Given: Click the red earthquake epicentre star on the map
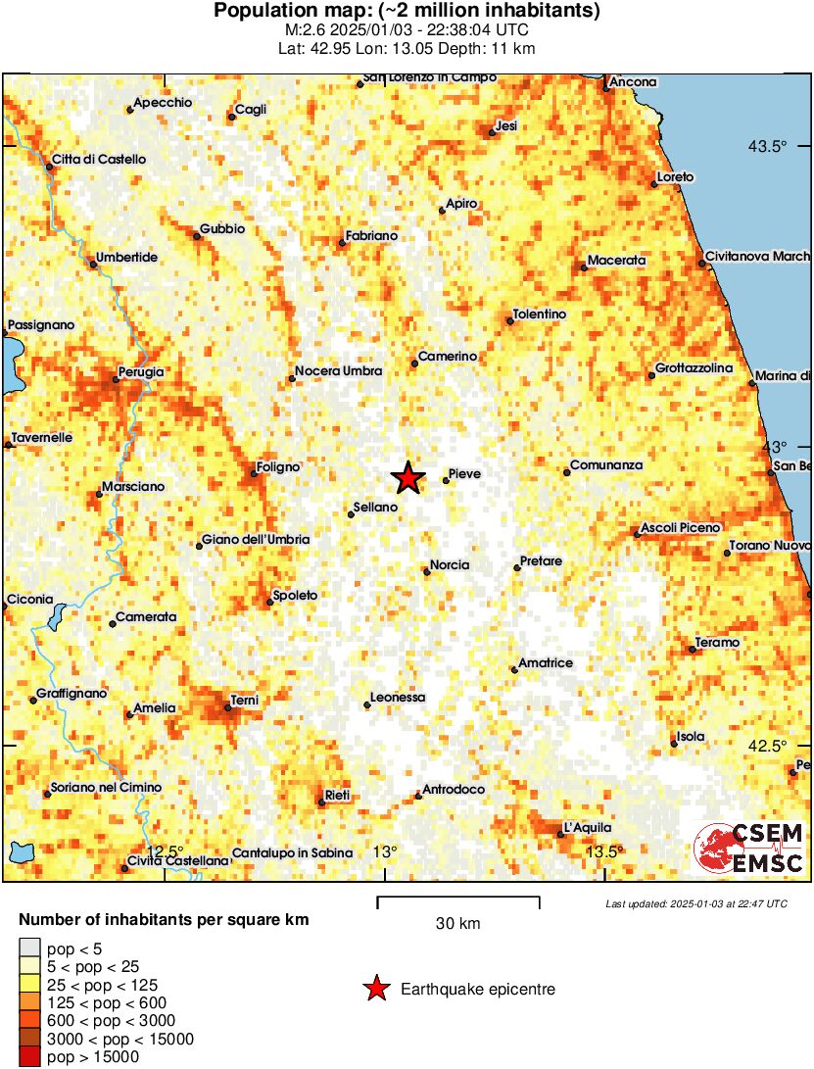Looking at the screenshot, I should pos(407,478).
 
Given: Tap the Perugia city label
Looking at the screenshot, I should pos(140,372).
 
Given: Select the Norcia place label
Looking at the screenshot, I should pos(451,564).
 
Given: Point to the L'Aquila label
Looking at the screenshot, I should pos(590,826).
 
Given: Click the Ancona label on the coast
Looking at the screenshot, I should pos(633,82).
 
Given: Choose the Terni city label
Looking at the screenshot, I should pos(243,701).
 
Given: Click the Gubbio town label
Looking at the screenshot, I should pos(222,229).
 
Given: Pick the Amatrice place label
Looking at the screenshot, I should pos(546,663).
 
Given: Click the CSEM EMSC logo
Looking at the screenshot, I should pos(749,849).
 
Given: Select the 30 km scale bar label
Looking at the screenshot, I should pos(457,924).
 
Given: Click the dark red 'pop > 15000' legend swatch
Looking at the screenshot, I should pos(30,1056).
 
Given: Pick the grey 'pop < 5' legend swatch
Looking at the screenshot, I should pos(30,948).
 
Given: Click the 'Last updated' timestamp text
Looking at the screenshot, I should pos(695,903).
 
